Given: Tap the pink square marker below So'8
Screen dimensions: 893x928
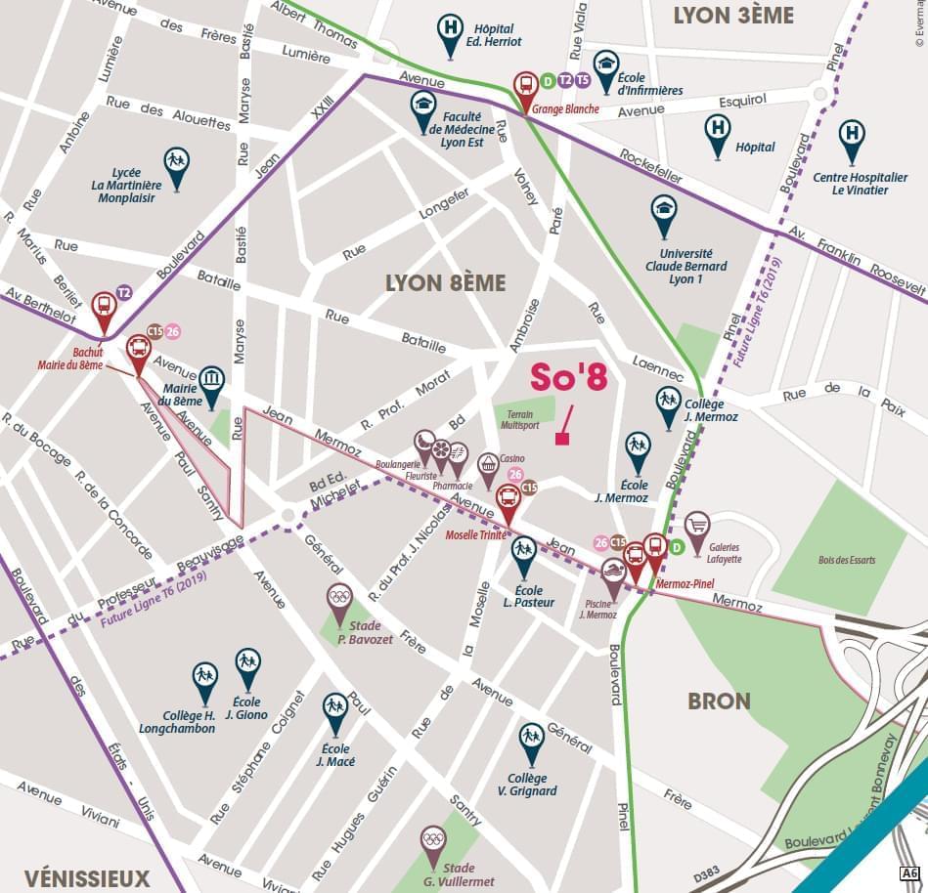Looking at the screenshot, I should (561, 439).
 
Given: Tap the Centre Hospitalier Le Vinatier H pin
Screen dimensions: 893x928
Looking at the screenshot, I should (852, 136).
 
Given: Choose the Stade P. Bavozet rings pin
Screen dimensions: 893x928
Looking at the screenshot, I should (339, 598).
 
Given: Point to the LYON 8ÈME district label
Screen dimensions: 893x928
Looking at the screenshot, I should (445, 283).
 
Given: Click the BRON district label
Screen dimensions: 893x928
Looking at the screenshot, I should (719, 701).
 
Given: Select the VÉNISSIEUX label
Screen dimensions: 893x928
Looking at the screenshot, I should (86, 876).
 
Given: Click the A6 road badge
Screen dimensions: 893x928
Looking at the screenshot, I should (908, 872).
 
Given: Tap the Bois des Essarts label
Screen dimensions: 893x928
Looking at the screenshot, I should (847, 560).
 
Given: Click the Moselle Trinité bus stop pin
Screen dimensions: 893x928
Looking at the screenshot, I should (508, 500).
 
